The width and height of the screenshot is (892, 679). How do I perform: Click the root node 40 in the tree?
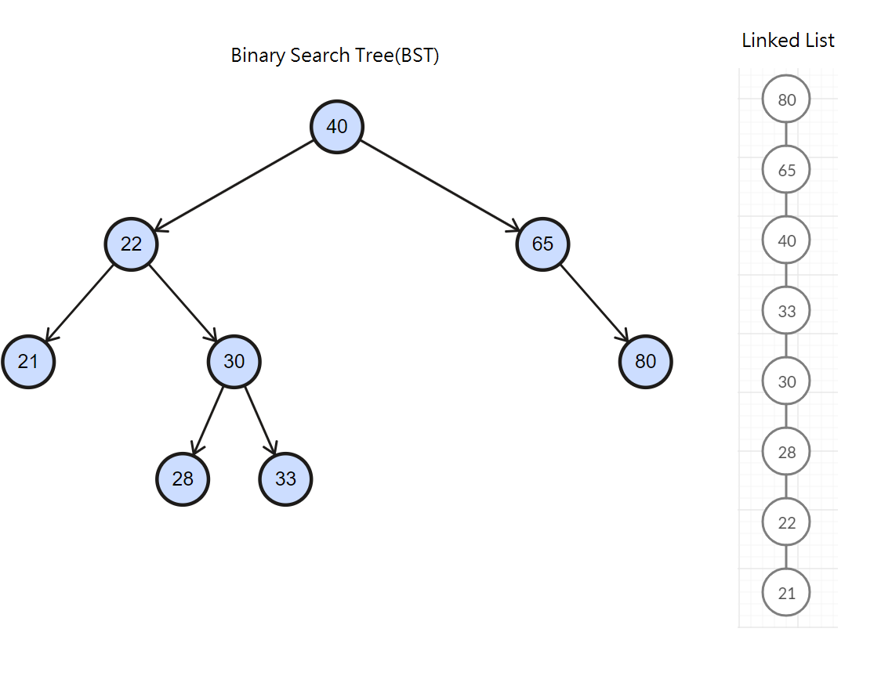click(x=337, y=127)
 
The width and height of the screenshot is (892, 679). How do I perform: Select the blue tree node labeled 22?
click(x=132, y=244)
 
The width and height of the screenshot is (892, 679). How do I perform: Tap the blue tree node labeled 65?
click(x=542, y=244)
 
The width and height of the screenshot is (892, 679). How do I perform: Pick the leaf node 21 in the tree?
click(x=28, y=362)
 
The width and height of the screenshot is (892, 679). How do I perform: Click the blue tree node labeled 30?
click(x=234, y=362)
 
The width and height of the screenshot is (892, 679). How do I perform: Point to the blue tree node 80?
click(x=645, y=362)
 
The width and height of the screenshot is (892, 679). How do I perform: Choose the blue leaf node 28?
click(x=183, y=479)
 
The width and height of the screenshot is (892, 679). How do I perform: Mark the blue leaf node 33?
click(x=285, y=479)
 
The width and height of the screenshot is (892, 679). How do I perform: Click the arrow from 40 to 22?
click(x=235, y=186)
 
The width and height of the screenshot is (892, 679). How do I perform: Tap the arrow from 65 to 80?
click(x=594, y=303)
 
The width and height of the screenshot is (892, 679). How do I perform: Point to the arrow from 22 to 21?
click(x=80, y=303)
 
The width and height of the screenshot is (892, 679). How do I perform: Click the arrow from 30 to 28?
click(x=208, y=421)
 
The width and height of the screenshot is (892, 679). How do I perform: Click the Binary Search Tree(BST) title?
click(x=335, y=56)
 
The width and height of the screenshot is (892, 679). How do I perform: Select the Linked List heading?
click(x=788, y=41)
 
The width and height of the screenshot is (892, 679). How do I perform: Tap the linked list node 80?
click(x=786, y=99)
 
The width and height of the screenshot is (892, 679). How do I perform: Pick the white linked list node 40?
click(x=786, y=240)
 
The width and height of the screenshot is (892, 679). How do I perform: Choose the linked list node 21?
click(x=786, y=593)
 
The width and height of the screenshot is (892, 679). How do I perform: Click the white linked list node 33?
click(x=786, y=311)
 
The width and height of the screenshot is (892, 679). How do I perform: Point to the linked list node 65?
click(x=786, y=170)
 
